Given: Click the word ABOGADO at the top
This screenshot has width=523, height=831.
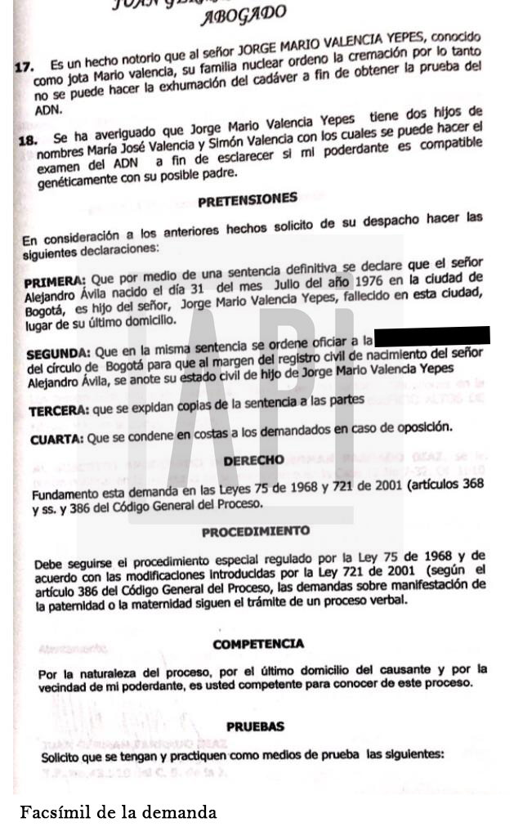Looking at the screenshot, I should [244, 15].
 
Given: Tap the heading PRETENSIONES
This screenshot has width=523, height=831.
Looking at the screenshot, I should [248, 199].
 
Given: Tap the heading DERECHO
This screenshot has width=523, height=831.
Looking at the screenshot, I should [254, 460].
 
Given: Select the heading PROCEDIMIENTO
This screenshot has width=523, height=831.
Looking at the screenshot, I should [256, 532].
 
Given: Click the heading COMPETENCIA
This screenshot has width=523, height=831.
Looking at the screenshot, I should [258, 644].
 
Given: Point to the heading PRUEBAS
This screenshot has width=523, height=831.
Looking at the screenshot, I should [255, 726].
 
